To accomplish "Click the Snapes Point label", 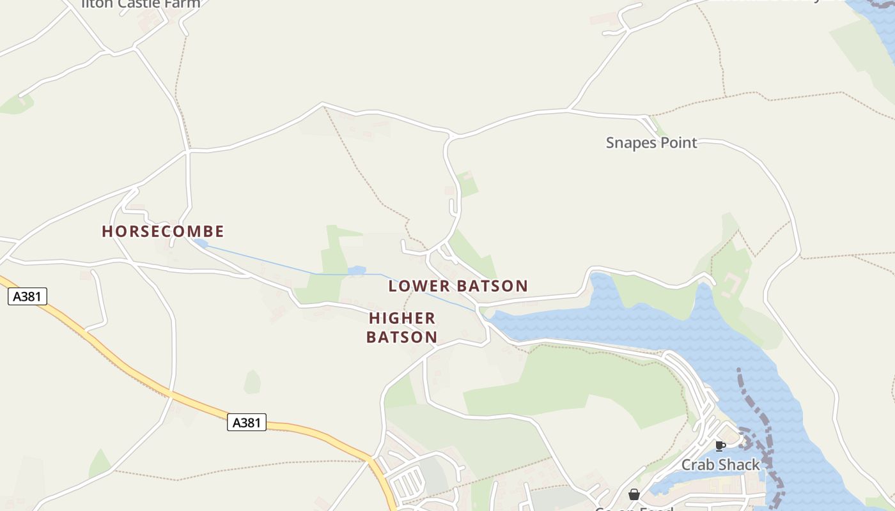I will (x=651, y=142).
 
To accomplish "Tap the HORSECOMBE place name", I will (x=163, y=231).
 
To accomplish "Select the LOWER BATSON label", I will (x=458, y=286).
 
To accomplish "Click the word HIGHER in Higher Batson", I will (x=402, y=318).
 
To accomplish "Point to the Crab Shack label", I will (x=720, y=464).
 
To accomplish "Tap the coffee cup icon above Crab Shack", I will (x=720, y=446).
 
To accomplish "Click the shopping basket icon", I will (x=634, y=494).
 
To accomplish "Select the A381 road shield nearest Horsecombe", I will (x=27, y=296).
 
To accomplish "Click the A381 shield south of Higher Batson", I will (x=246, y=422).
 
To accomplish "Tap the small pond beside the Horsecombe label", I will (x=201, y=243).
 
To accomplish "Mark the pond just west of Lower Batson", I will (x=356, y=271).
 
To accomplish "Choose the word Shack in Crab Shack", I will (x=740, y=464).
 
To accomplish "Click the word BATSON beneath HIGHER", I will (x=402, y=337).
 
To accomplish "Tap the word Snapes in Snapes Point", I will (x=630, y=142).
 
